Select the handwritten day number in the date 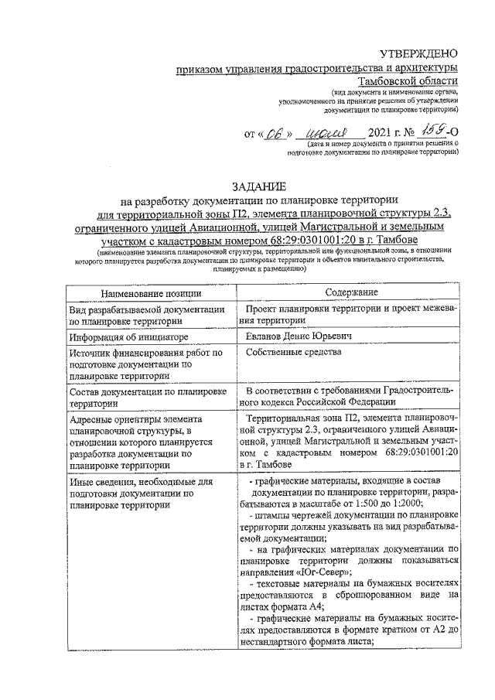coord(272,133)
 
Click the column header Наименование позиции coord(143,293)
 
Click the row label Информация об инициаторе coord(118,338)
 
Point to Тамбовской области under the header coord(408,81)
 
